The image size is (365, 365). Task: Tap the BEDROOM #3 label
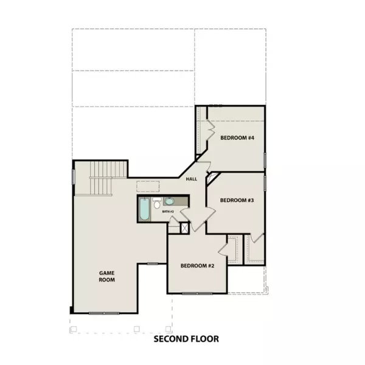236,200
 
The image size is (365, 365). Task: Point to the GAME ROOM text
107,277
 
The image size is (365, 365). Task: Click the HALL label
192,179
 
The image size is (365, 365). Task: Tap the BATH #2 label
167,211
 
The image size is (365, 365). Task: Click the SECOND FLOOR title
186,339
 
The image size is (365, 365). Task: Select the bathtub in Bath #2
145,209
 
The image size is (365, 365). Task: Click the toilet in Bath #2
157,203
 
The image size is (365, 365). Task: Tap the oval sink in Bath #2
169,201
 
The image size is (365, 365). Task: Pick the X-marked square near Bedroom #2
185,228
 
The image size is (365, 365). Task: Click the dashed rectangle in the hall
148,186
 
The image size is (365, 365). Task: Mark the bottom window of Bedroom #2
197,293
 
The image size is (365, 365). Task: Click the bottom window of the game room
105,313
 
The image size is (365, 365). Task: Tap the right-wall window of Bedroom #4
265,159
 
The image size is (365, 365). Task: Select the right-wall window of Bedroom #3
265,182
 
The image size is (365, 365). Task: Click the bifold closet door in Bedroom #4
210,130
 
